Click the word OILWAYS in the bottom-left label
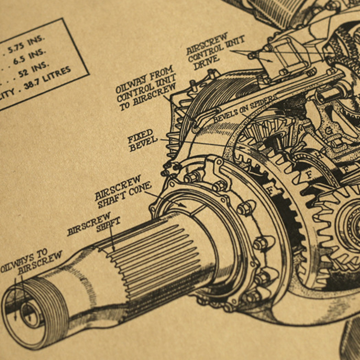coord(18,265)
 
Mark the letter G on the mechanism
coord(328,131)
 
